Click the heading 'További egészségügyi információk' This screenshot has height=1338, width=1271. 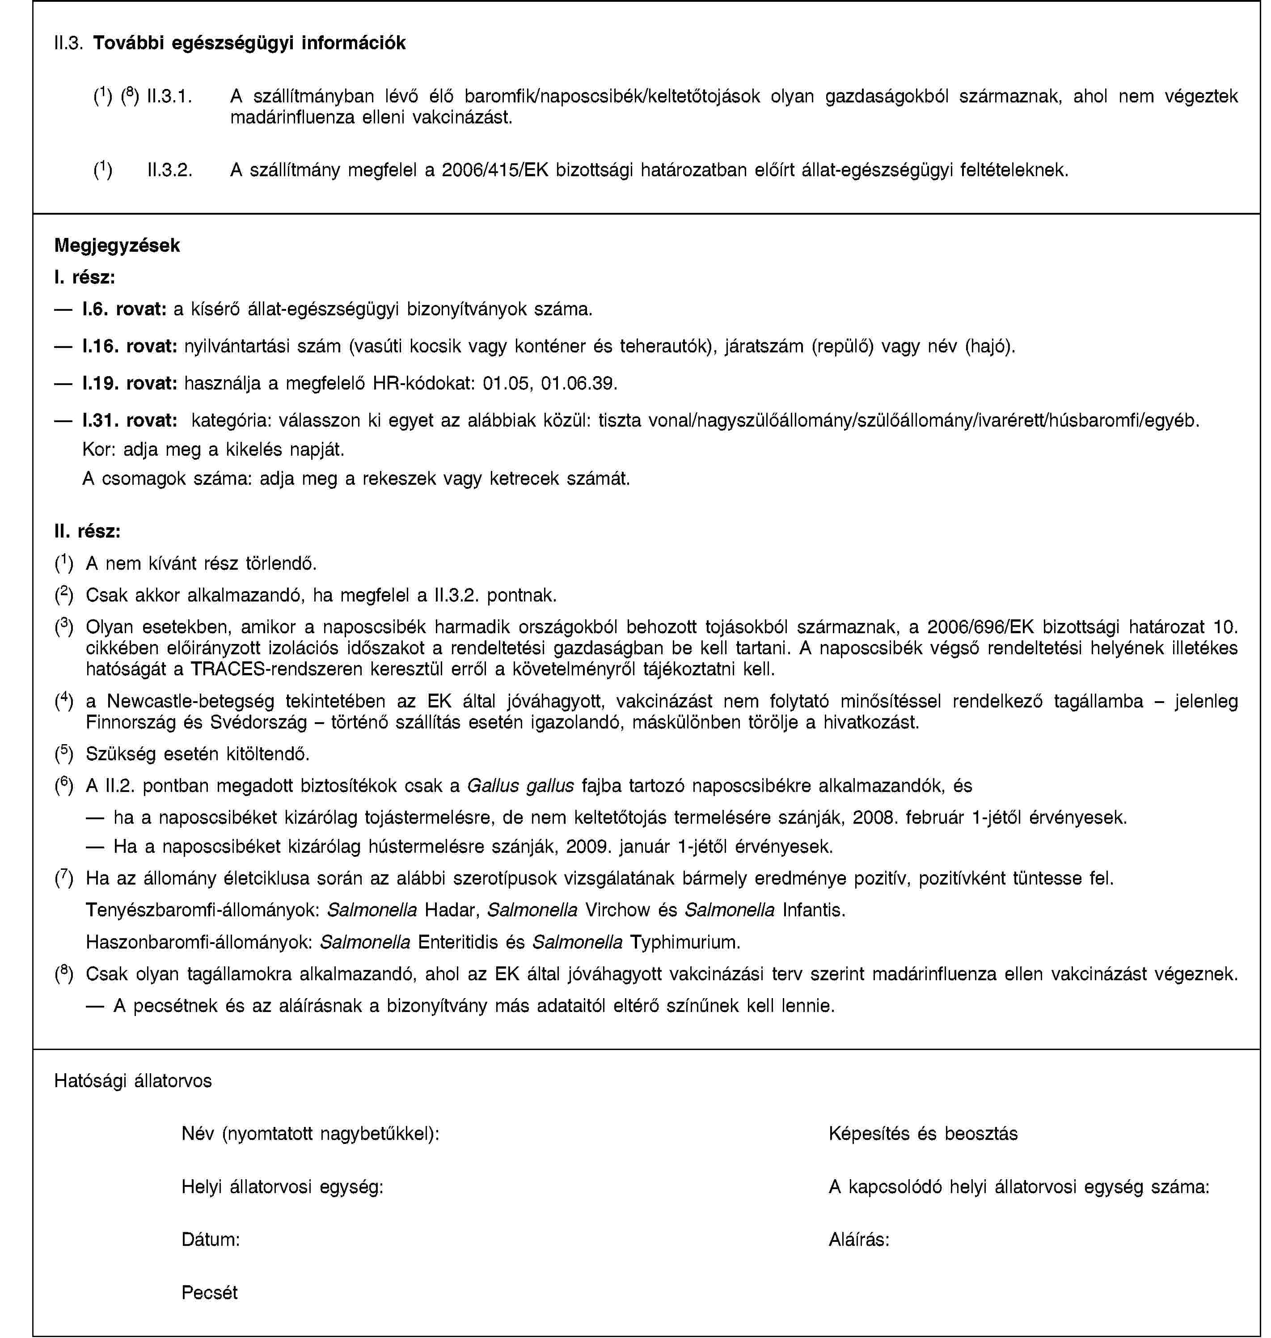[249, 42]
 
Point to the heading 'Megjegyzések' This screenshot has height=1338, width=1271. [117, 246]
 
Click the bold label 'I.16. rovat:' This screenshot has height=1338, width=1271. [129, 347]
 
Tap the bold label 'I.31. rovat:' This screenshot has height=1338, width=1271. [129, 421]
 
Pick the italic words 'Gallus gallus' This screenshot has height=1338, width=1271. [521, 786]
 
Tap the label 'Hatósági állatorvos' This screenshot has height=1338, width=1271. [133, 1080]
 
